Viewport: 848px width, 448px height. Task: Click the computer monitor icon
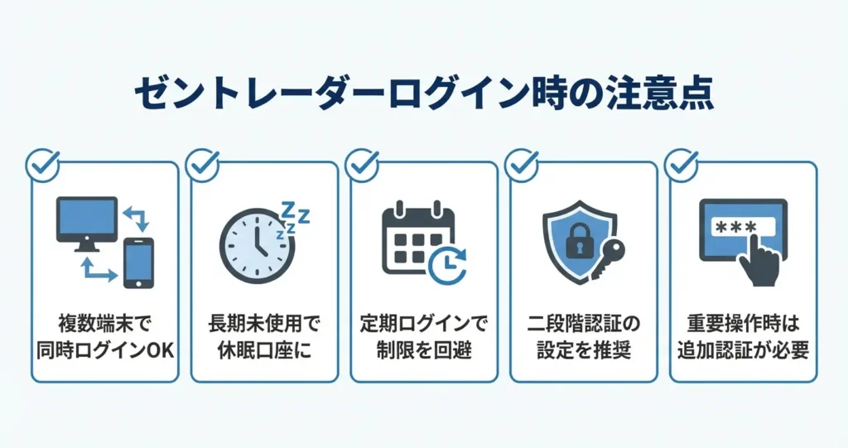(87, 220)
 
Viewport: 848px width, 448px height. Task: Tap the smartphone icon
(138, 263)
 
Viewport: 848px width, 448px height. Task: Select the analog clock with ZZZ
(257, 242)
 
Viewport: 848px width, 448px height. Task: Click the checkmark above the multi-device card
(42, 165)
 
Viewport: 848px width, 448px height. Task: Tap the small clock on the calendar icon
(446, 265)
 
